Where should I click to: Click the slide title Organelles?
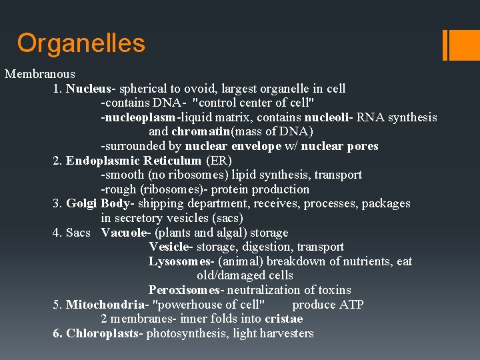(81, 43)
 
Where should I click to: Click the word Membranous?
(40, 74)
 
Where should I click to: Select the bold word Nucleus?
(91, 89)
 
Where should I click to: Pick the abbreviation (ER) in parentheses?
(219, 161)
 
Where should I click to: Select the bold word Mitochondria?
(102, 305)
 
